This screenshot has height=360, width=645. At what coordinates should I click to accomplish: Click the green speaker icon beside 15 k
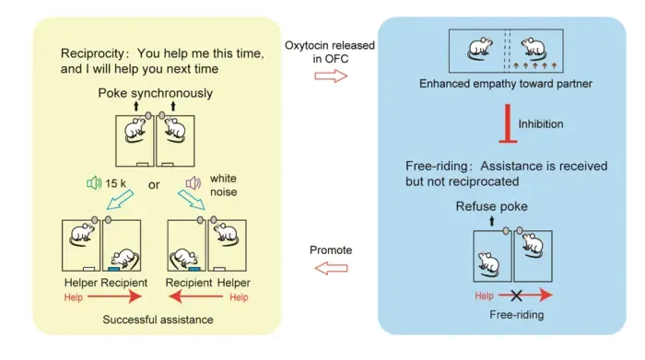point(94,183)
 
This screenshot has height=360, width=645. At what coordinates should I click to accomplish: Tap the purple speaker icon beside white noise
point(193,183)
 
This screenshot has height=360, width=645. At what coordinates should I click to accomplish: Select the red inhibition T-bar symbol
point(508,123)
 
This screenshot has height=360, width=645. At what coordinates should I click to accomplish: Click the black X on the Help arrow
point(516,295)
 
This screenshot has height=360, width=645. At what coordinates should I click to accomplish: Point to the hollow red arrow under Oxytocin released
point(331,76)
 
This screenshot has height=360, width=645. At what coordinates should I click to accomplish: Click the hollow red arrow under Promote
point(331,268)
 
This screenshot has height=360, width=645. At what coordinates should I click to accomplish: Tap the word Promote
point(331,250)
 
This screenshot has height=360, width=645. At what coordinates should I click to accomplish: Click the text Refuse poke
point(491,206)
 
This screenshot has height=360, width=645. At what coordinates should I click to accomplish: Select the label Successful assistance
point(158,319)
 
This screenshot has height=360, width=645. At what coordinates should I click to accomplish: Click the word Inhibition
point(541,124)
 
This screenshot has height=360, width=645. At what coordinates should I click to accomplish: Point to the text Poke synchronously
point(156,93)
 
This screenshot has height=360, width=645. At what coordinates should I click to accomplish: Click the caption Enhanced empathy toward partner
point(506,84)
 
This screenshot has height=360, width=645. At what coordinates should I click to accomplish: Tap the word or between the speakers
point(154,185)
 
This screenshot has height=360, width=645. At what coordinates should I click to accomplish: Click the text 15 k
point(115,183)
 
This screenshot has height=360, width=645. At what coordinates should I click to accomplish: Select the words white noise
point(223,185)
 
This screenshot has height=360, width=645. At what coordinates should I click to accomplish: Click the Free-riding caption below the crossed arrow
point(517,315)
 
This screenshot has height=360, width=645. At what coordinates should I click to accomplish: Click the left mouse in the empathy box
point(480,50)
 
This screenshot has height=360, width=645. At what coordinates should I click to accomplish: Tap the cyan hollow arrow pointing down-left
point(120,200)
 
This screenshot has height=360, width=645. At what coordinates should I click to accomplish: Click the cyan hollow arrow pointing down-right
point(192,200)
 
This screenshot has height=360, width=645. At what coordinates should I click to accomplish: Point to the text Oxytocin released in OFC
point(330,52)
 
